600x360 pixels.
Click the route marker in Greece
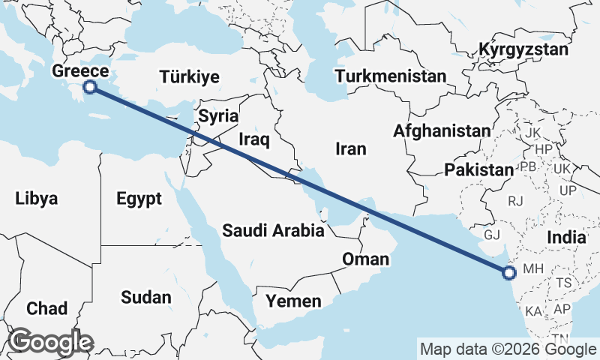point(90,87)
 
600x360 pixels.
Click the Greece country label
point(81,72)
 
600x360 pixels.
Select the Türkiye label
point(189,76)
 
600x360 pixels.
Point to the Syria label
point(218,116)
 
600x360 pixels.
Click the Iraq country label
point(253,139)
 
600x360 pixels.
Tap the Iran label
point(351,149)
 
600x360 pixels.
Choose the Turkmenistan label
point(391,76)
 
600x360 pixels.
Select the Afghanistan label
point(441,131)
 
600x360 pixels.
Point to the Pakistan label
point(478,170)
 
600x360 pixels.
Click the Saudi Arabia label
point(273,231)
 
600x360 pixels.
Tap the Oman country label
point(365,259)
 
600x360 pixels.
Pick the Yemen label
point(293,301)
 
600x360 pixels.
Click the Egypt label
point(139,199)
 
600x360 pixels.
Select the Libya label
point(36,199)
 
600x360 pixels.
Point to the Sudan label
point(145,297)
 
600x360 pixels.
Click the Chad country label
point(46,308)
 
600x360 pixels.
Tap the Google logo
point(51,342)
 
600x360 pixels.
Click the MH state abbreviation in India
point(532,268)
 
